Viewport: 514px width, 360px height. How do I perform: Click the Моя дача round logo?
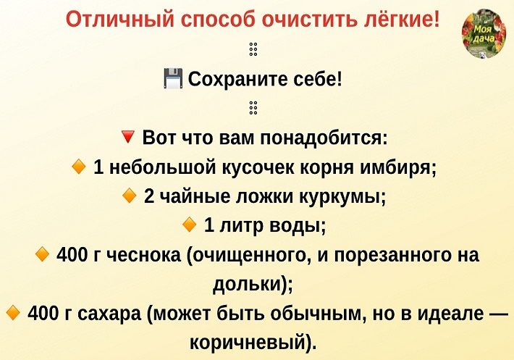click(x=484, y=34)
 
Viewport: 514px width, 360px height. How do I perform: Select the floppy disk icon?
click(x=173, y=78)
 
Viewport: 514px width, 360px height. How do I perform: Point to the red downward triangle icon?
click(x=127, y=137)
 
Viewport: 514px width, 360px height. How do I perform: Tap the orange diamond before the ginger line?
click(x=79, y=167)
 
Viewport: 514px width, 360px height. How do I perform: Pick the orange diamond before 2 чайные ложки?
click(x=129, y=196)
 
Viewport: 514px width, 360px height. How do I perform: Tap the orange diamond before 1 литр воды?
click(x=189, y=225)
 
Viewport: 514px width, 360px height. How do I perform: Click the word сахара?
click(x=110, y=314)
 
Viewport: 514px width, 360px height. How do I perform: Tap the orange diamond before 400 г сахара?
click(x=13, y=312)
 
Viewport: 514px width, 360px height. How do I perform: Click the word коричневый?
click(x=248, y=343)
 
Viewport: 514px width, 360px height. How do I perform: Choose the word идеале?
click(x=452, y=314)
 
